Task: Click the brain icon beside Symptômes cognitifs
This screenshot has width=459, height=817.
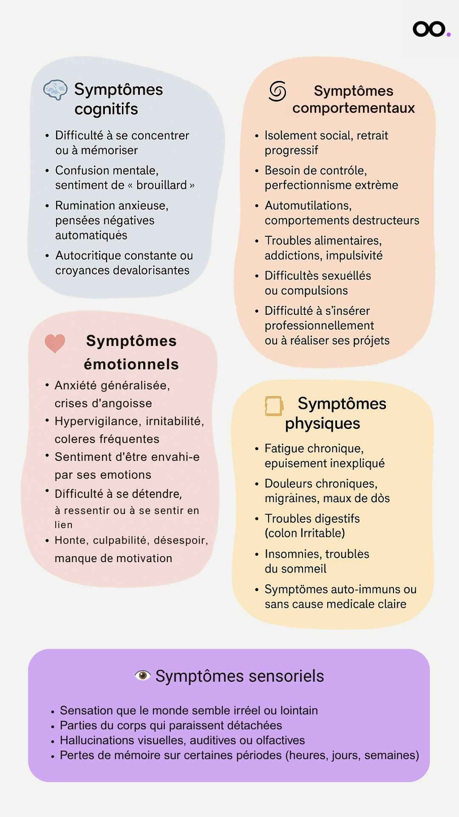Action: tap(55, 89)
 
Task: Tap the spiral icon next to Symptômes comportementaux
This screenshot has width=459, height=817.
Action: tap(278, 91)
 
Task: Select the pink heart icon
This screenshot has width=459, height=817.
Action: tap(55, 343)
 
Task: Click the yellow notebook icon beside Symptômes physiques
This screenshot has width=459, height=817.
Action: tap(274, 406)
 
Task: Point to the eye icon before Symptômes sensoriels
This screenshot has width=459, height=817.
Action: tap(143, 675)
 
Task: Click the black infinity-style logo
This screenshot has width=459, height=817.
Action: tap(429, 29)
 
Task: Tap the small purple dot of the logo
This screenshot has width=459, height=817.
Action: tap(448, 34)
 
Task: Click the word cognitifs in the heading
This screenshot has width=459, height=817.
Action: tap(106, 109)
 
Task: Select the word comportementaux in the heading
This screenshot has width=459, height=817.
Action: tap(354, 108)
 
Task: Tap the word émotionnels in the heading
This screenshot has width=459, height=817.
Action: tap(131, 364)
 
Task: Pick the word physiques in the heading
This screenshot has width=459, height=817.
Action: tap(323, 423)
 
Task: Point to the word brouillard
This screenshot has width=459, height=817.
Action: tap(161, 185)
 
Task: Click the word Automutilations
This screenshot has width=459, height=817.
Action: tap(308, 206)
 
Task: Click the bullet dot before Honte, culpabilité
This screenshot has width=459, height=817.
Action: tap(47, 541)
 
